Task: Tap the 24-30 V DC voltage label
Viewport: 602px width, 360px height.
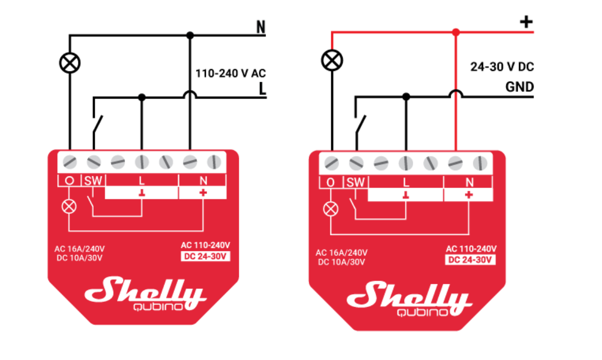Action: (502, 67)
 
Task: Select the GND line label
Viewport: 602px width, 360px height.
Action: (519, 87)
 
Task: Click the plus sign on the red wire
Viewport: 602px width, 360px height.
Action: (526, 22)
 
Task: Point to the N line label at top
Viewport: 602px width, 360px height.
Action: (261, 27)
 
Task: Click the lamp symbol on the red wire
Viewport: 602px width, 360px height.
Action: (332, 60)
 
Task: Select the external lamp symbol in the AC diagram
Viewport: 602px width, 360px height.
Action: (69, 63)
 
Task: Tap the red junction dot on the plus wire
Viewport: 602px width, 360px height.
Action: (455, 32)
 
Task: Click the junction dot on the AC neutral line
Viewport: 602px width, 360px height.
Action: (190, 35)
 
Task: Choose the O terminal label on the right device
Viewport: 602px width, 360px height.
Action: (330, 182)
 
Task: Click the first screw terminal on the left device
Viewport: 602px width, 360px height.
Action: (69, 163)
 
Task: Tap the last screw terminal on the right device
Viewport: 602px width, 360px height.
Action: (480, 164)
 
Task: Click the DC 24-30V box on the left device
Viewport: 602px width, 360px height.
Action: (205, 256)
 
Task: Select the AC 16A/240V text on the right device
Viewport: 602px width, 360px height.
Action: (341, 253)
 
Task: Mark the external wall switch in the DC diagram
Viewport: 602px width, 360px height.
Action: (361, 123)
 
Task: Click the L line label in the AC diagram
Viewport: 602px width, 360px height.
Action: (262, 89)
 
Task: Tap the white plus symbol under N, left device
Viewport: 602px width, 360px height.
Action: (203, 193)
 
